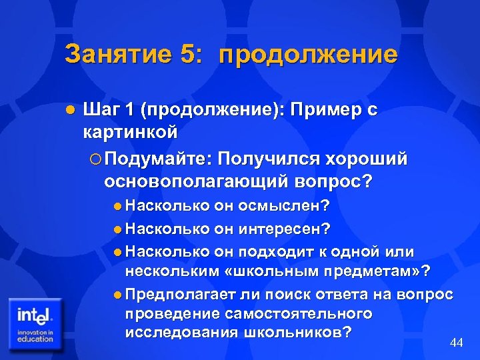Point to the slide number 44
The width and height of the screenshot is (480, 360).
point(457,342)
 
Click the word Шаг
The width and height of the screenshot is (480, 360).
point(101,111)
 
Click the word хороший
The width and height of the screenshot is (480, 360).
point(365,159)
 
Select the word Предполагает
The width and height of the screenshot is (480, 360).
point(173,294)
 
